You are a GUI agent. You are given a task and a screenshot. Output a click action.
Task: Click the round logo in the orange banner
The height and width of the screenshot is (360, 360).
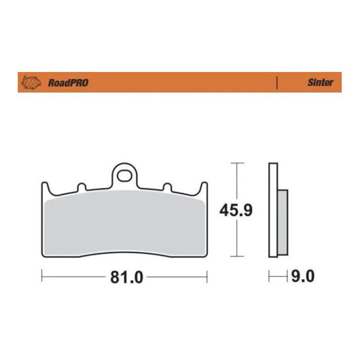[30, 82]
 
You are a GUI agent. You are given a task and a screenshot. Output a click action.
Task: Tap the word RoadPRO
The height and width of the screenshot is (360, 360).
[67, 83]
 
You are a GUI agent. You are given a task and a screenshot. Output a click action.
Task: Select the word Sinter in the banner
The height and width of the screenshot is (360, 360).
[320, 82]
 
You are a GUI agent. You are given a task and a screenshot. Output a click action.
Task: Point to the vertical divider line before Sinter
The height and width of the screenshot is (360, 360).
[277, 82]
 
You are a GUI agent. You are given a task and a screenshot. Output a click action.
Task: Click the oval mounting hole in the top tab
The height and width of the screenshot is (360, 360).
[124, 176]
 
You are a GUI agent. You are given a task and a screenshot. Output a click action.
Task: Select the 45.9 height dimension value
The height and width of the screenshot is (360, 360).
[236, 210]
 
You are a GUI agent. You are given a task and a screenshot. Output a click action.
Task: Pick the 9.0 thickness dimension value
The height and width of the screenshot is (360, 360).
[302, 277]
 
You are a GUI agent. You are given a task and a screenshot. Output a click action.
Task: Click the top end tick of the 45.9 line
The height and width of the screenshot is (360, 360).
[236, 163]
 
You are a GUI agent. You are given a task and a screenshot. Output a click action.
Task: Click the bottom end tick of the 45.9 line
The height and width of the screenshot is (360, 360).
[236, 256]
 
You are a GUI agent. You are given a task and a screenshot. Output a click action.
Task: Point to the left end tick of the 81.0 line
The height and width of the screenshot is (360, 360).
[42, 277]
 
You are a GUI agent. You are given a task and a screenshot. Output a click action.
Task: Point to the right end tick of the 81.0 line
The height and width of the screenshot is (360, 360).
[207, 277]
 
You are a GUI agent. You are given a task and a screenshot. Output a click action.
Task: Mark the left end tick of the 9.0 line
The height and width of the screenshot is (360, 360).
[269, 277]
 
